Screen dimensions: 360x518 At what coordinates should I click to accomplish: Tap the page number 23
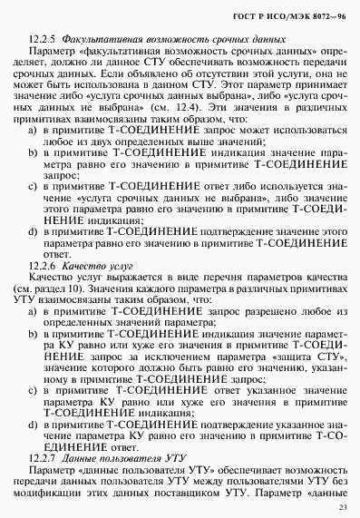point(343,507)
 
